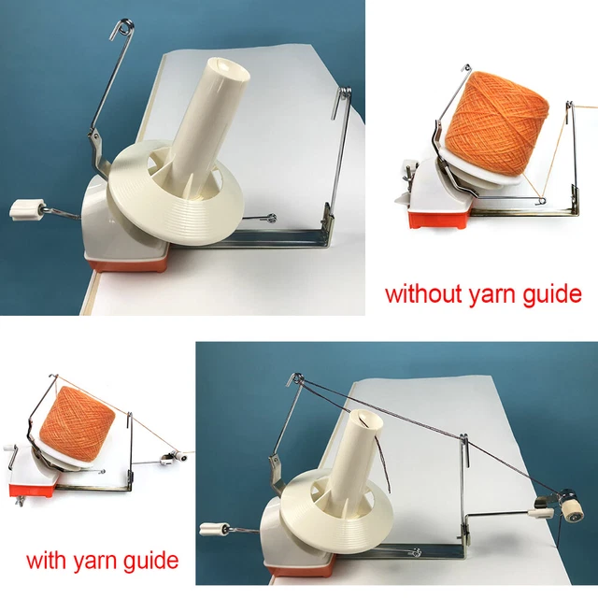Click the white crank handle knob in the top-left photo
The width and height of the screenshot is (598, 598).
[x=27, y=207]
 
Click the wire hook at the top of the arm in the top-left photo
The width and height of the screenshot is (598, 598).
[x=123, y=29]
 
